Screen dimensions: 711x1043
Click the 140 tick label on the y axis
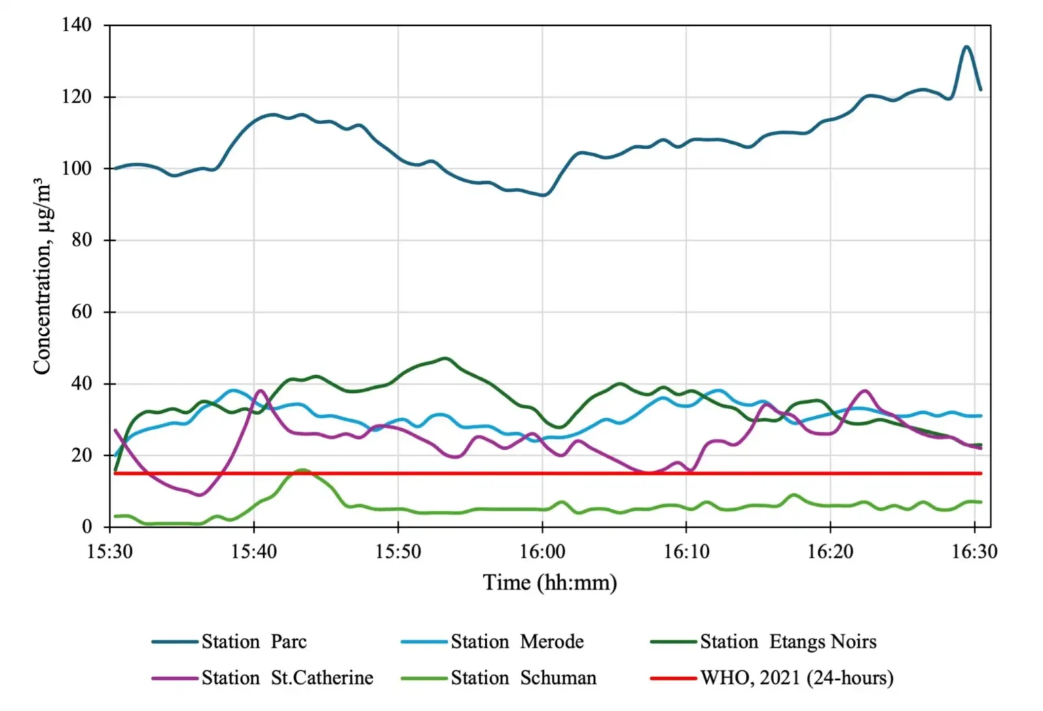(76, 25)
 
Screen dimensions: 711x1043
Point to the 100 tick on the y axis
(76, 168)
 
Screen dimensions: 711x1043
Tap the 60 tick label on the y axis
(81, 312)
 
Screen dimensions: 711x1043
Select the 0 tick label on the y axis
(86, 526)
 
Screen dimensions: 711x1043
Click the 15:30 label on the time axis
(110, 552)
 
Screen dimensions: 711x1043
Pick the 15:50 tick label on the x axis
(398, 552)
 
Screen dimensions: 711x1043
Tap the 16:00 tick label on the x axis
(542, 552)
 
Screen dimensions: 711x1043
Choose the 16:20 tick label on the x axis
(830, 552)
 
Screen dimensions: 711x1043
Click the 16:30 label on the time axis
(974, 552)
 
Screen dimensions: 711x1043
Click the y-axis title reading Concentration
(42, 276)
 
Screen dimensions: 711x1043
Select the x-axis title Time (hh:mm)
(549, 583)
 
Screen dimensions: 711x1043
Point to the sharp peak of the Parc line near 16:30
(966, 47)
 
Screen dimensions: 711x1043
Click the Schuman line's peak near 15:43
(301, 469)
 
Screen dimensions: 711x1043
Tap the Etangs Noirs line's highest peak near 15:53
(445, 358)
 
